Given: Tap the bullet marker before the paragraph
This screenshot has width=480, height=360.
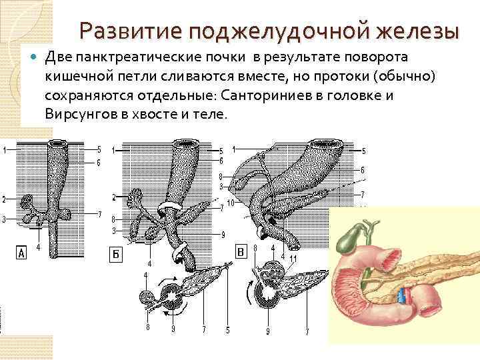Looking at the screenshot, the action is (35, 59).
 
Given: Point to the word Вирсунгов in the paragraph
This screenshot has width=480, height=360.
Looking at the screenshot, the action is (81, 114).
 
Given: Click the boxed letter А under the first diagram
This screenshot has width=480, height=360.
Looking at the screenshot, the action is (22, 253).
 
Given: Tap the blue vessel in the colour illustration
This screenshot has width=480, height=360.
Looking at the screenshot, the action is (402, 295).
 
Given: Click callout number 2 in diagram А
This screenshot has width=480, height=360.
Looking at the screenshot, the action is (4, 199).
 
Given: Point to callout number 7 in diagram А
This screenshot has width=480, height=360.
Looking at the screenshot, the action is (99, 214).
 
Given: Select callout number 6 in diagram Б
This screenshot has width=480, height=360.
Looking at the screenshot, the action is (221, 161).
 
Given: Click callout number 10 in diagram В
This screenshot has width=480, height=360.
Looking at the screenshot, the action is (230, 202).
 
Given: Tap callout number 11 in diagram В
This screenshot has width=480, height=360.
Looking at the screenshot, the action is (293, 258).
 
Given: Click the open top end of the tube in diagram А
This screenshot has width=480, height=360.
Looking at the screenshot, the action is (54, 144).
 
